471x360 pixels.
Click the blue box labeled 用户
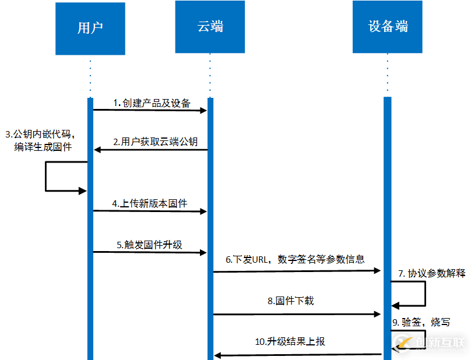(x=90, y=29)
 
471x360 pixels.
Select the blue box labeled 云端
(x=210, y=27)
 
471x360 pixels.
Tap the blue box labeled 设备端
(x=388, y=27)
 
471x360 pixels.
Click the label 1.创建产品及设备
(x=152, y=103)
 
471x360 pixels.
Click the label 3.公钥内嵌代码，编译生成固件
(x=41, y=140)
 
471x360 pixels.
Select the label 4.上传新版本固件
(x=150, y=203)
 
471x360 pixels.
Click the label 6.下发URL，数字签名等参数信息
(x=296, y=259)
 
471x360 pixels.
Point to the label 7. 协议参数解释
(x=432, y=273)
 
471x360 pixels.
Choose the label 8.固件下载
(x=291, y=301)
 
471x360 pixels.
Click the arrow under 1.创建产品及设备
(x=150, y=110)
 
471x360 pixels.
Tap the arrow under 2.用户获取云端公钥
(x=151, y=150)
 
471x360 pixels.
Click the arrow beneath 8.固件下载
(x=296, y=314)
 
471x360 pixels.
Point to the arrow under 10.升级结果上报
(x=298, y=354)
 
